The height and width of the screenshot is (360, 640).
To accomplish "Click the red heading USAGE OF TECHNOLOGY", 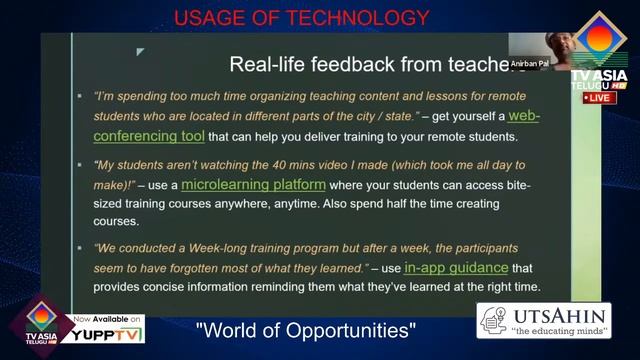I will tap(302, 17).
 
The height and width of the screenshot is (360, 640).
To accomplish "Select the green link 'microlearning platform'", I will tap(253, 184).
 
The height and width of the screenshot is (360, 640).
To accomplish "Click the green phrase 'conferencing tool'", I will tap(144, 135).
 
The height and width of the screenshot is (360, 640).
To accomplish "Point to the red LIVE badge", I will tap(597, 98).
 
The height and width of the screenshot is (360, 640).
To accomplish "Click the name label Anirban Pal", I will tap(532, 62).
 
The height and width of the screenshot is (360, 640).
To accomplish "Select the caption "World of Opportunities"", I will tap(305, 330).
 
